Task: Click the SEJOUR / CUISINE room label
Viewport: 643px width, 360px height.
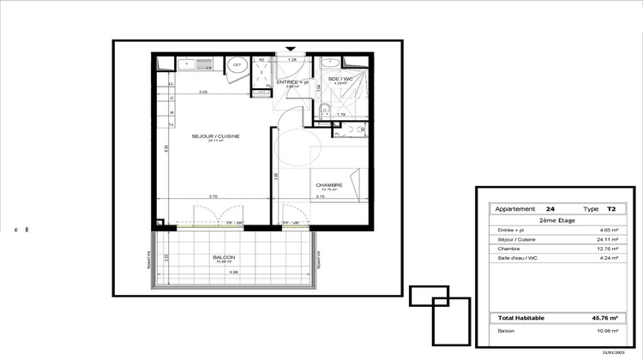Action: [204, 136]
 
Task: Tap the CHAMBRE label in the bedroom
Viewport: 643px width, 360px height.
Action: [329, 184]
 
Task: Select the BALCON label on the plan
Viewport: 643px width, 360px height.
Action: [224, 257]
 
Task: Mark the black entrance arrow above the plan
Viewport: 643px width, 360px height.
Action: [291, 49]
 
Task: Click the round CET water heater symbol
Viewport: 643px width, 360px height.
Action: [236, 63]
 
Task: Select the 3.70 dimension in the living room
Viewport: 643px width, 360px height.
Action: [199, 197]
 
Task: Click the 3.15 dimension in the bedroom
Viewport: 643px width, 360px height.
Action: [319, 197]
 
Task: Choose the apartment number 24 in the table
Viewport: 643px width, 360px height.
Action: [550, 208]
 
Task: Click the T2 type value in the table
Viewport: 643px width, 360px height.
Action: [610, 208]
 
